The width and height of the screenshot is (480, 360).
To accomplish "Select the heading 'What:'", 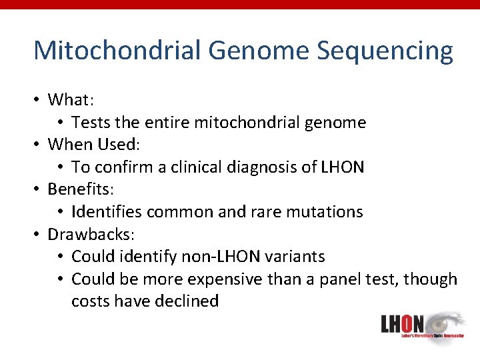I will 71,100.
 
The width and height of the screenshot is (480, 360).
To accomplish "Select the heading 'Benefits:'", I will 78,189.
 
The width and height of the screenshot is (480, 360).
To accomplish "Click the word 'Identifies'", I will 107,212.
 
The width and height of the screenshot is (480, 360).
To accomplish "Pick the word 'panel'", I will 337,279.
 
